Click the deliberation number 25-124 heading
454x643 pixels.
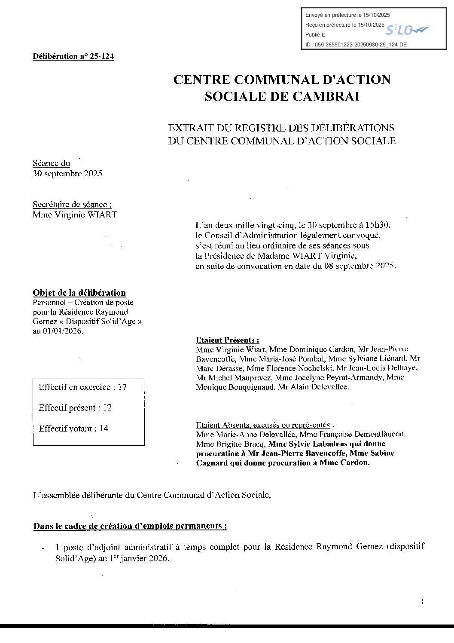point(73,56)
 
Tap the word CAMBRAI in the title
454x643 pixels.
point(326,96)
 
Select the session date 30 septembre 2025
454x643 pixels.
point(67,174)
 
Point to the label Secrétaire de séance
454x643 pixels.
point(72,205)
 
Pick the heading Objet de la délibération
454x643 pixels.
point(79,293)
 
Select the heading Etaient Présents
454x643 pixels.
point(227,340)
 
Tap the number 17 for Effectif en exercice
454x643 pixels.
point(122,387)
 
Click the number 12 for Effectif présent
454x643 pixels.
point(107,408)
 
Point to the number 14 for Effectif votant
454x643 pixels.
point(104,429)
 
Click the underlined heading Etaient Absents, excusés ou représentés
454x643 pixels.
point(262,425)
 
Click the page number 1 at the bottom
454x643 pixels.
point(422,602)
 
